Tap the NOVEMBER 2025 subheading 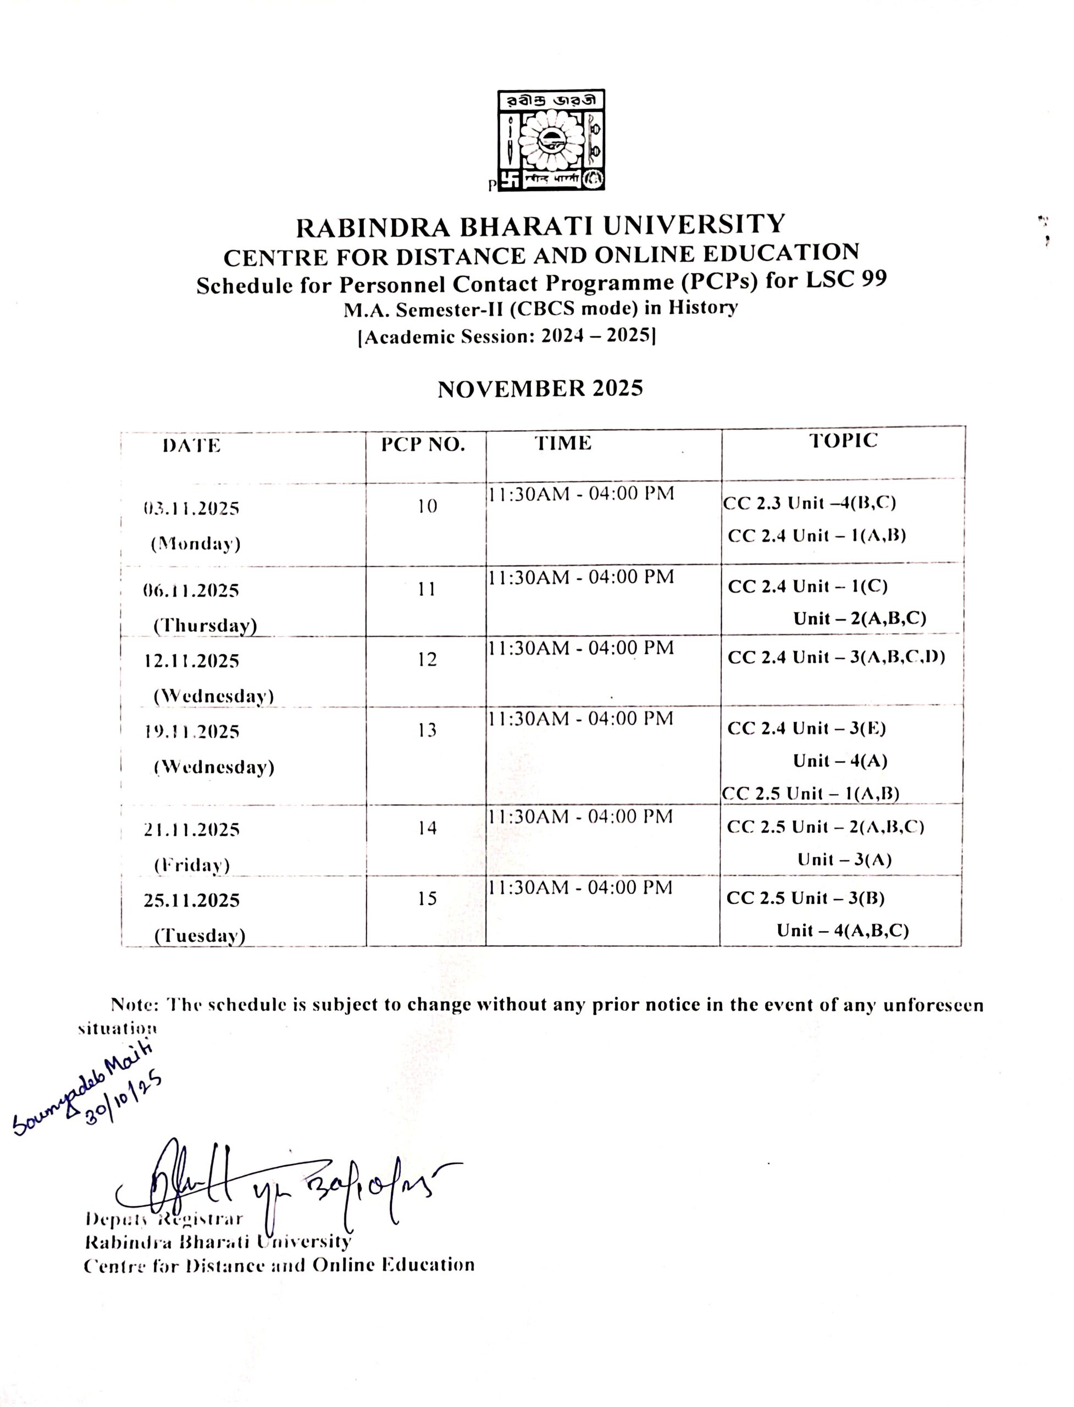[x=540, y=389]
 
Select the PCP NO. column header [x=423, y=445]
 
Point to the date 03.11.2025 [x=191, y=509]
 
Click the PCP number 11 [x=427, y=589]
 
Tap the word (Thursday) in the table [x=204, y=625]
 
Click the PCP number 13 [x=427, y=730]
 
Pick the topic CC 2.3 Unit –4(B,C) [x=809, y=503]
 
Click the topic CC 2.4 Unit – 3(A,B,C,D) [x=836, y=657]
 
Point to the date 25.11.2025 [x=191, y=900]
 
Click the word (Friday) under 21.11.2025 [x=192, y=865]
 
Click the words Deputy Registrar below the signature [x=164, y=1218]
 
